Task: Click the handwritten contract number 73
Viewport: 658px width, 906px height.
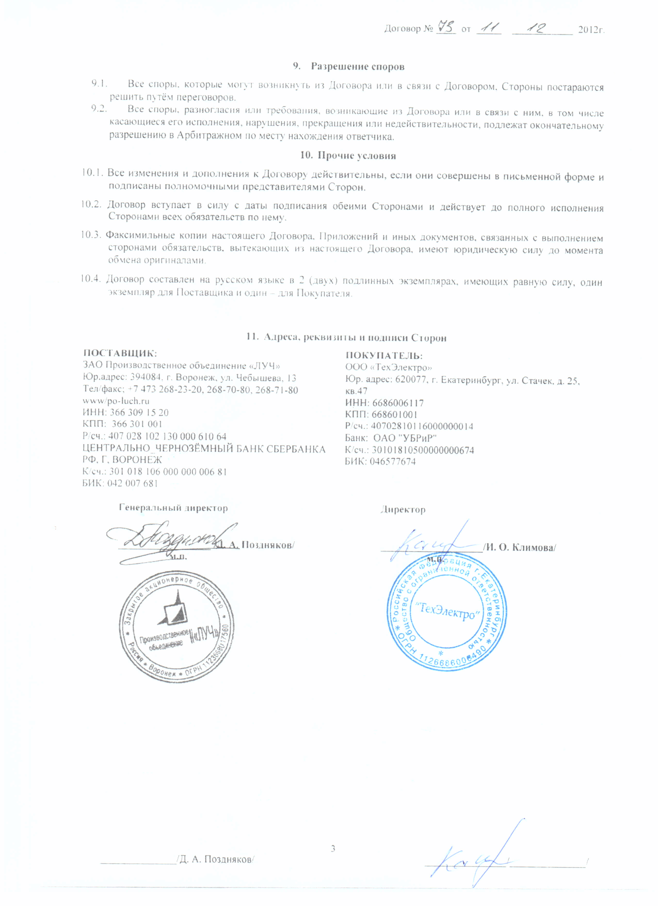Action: tap(446, 28)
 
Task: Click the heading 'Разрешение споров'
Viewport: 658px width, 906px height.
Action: tap(357, 66)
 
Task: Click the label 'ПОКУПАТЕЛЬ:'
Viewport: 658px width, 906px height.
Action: tap(384, 355)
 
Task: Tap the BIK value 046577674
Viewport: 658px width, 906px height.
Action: tap(392, 462)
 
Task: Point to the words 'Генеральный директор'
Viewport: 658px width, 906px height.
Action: tap(173, 508)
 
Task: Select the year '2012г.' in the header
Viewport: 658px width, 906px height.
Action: tap(591, 30)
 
